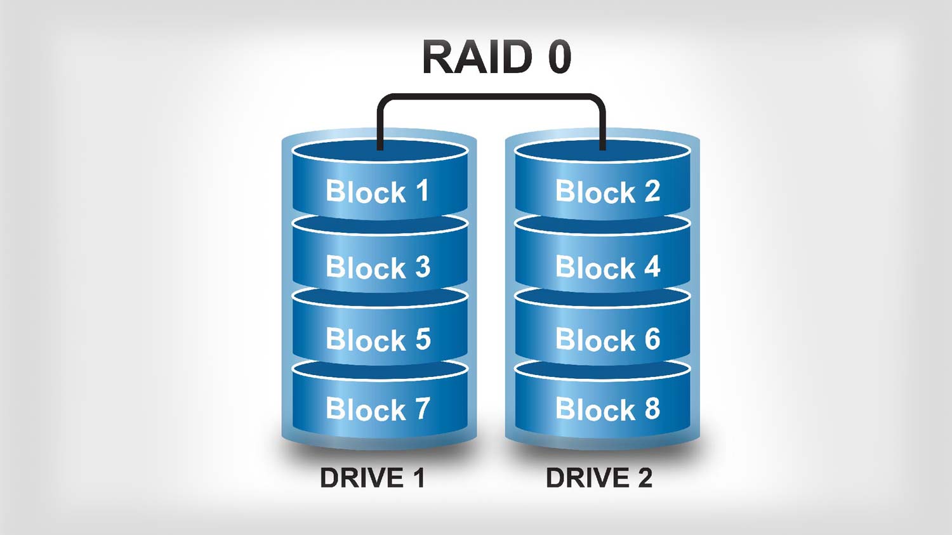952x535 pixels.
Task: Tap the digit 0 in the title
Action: coord(559,57)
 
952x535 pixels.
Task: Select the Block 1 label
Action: coord(378,192)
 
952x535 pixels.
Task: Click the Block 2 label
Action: coord(607,192)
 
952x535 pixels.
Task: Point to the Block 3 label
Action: coord(378,267)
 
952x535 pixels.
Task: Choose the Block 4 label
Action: coord(607,267)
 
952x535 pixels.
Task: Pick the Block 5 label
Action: coord(378,340)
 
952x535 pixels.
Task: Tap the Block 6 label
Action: coord(607,340)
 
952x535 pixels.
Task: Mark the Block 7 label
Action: coord(378,409)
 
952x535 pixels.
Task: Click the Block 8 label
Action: coord(607,409)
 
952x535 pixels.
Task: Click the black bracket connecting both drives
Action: coord(491,96)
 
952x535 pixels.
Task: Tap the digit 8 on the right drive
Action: coord(652,409)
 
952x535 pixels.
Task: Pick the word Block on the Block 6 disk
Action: coord(595,340)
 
